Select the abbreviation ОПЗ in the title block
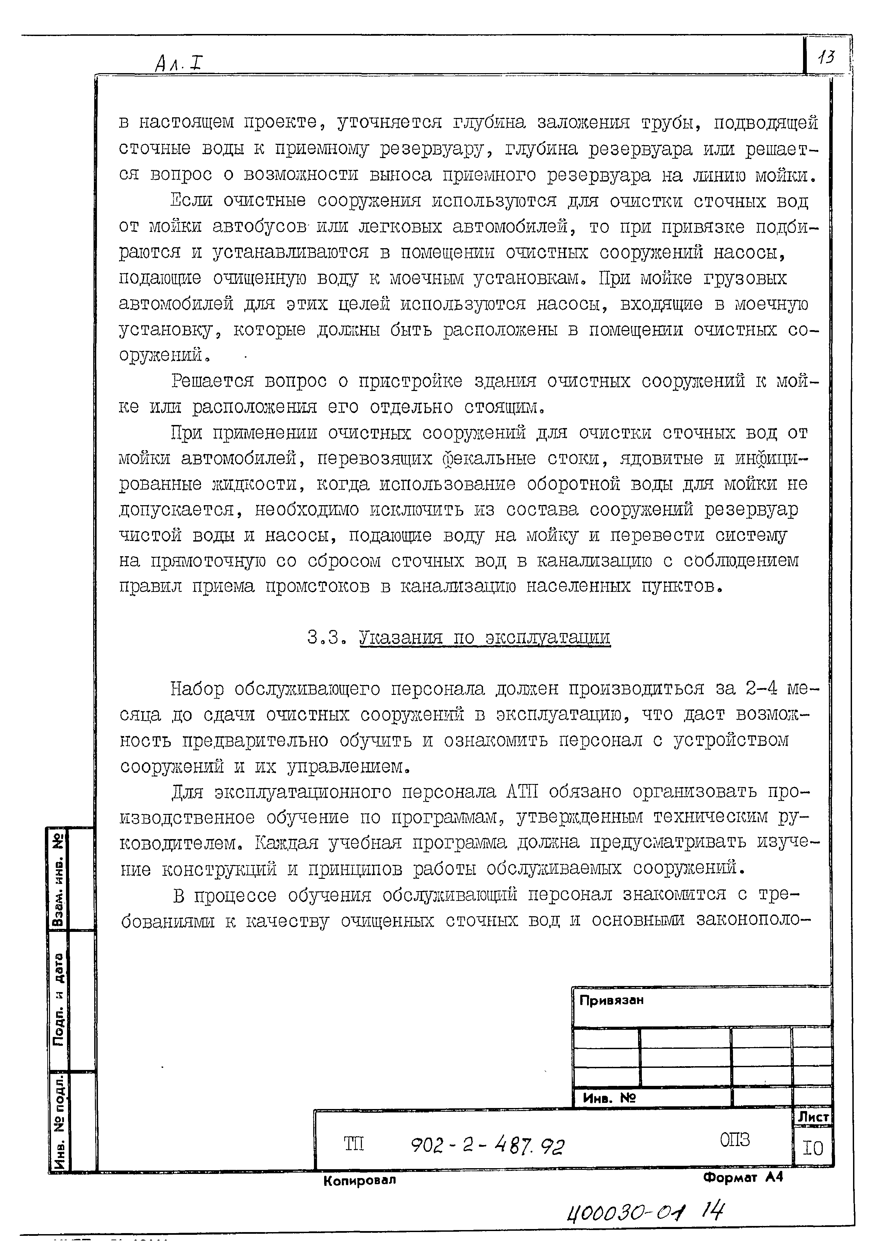pyautogui.click(x=734, y=1139)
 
